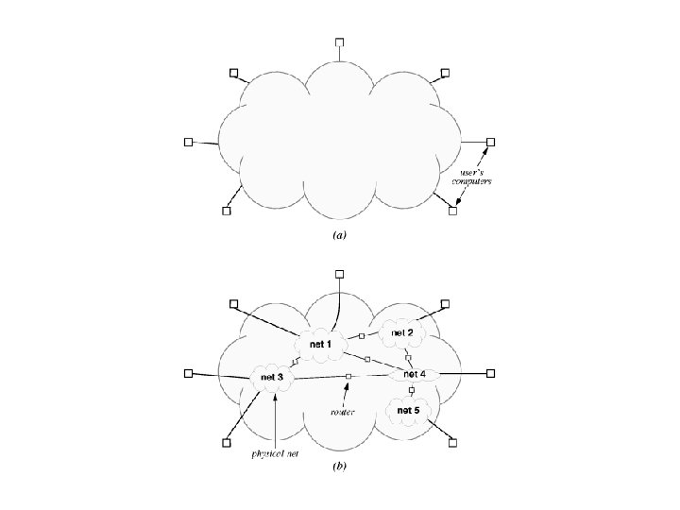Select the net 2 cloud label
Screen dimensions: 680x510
tap(403, 333)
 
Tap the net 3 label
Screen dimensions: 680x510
tap(272, 378)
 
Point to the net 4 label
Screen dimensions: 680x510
tap(416, 375)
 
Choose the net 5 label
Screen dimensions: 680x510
tap(409, 411)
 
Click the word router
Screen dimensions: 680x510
tap(341, 412)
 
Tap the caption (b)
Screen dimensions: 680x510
tap(340, 467)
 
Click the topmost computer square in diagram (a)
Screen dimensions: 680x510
tap(340, 42)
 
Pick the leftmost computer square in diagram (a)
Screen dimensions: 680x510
tap(189, 142)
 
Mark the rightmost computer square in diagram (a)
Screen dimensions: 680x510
tap(490, 143)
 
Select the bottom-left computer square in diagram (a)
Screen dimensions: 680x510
tap(227, 211)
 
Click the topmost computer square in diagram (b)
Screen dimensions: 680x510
tap(340, 273)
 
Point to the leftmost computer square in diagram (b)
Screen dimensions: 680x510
tap(189, 373)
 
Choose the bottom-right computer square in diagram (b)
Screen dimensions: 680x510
tap(452, 442)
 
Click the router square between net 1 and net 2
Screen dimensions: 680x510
tap(362, 336)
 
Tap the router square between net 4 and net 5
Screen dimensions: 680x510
tap(411, 390)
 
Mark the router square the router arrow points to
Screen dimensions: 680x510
tap(348, 377)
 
